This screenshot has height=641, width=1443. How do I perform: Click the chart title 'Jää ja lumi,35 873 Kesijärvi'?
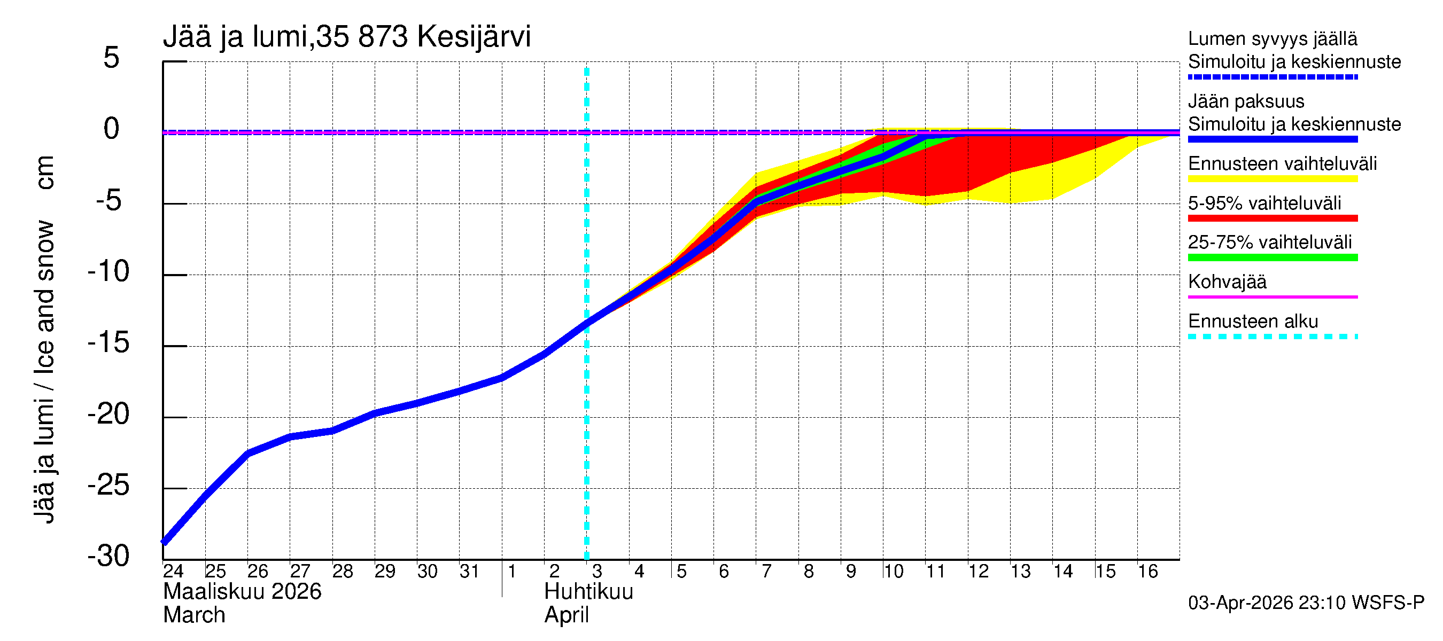click(x=346, y=37)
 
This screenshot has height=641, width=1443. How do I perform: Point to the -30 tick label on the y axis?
click(x=108, y=557)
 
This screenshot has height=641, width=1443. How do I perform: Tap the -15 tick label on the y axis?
click(x=108, y=342)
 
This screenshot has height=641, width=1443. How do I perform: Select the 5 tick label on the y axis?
click(x=112, y=58)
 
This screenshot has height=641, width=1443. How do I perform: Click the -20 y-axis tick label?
click(x=108, y=415)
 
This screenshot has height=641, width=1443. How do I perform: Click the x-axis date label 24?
click(x=173, y=572)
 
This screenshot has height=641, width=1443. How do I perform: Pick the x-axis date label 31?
click(x=469, y=572)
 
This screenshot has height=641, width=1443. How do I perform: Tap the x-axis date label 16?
click(x=1147, y=572)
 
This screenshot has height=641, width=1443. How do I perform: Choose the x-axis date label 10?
click(x=893, y=572)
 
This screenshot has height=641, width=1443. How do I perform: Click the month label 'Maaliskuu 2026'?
click(x=242, y=592)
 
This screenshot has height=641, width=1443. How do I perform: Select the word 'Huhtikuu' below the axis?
click(x=588, y=592)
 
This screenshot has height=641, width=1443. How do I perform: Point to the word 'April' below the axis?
click(x=567, y=615)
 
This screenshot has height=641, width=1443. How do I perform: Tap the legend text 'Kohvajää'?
click(x=1227, y=282)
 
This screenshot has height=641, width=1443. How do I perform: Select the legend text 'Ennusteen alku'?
click(x=1253, y=322)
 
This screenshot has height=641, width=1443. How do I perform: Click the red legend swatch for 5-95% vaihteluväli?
click(x=1272, y=218)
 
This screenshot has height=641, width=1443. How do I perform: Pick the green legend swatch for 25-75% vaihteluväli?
click(x=1272, y=257)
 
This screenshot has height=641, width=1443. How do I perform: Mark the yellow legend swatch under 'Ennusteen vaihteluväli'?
click(x=1272, y=179)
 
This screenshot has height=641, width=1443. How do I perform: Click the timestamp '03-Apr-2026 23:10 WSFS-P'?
click(x=1306, y=603)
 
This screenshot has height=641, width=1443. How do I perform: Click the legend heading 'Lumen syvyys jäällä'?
click(x=1272, y=38)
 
